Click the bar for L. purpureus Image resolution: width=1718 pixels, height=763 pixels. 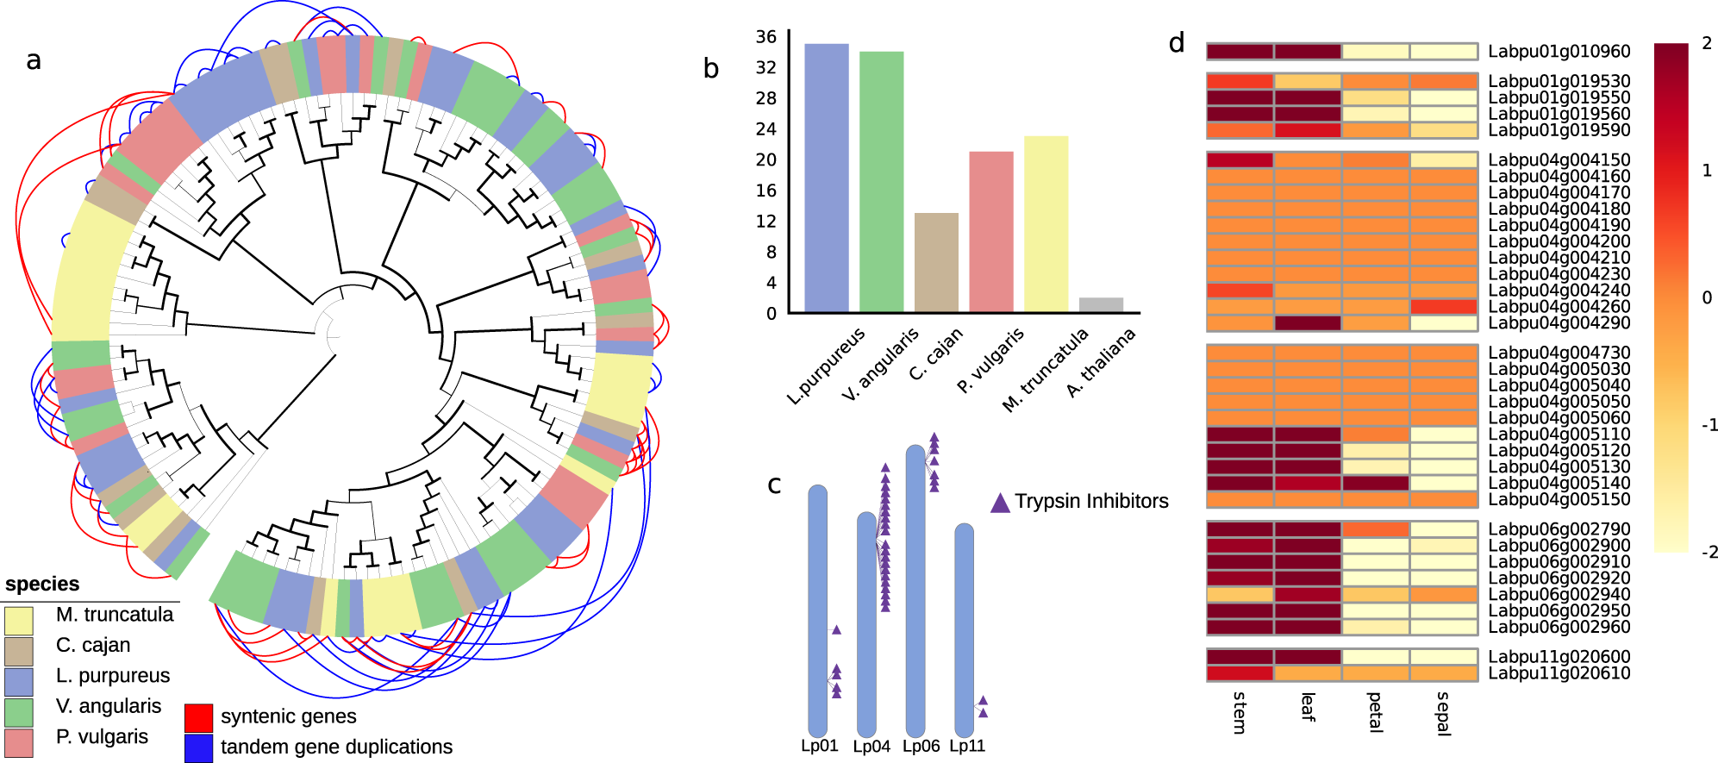826,178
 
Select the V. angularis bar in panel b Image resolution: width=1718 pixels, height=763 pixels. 881,181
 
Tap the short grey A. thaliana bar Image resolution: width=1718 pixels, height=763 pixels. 1101,304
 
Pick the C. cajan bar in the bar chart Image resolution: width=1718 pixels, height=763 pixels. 936,262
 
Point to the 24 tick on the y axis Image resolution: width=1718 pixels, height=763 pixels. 765,129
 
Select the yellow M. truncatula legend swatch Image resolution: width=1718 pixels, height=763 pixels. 19,620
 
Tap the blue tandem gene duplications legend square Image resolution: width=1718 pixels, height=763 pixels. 198,747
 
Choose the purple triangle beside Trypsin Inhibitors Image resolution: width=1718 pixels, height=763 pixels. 1000,503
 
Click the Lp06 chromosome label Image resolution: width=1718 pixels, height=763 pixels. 921,747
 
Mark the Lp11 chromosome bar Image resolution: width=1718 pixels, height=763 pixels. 964,629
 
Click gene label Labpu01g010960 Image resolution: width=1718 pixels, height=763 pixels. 1559,52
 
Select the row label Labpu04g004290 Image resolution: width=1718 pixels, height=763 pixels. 1559,323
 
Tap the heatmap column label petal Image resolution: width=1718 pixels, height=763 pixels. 1375,711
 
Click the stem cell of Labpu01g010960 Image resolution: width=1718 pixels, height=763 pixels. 1240,52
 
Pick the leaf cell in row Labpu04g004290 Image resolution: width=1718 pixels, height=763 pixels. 1308,323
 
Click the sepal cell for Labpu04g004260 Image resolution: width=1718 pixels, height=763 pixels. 1444,307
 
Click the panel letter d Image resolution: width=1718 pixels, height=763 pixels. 1177,43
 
